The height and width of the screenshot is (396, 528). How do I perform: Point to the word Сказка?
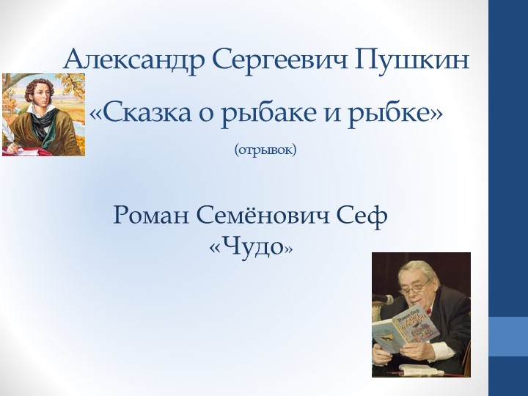(x=142, y=114)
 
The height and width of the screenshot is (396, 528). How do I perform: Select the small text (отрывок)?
(x=265, y=150)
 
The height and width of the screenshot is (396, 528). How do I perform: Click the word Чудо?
(x=252, y=247)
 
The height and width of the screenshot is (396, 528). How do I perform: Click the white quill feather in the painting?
(x=8, y=132)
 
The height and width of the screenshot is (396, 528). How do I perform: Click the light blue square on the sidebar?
(x=508, y=337)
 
